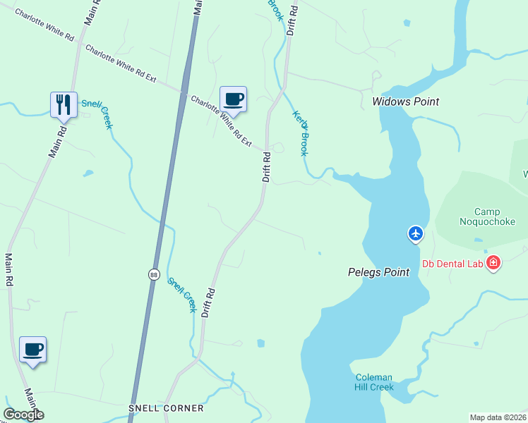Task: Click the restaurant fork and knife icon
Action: point(64,104)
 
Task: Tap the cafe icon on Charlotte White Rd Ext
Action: point(233,99)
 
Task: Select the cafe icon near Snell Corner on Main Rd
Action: point(32,349)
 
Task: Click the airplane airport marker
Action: point(416,233)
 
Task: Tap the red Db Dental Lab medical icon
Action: point(493,264)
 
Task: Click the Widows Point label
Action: point(405,102)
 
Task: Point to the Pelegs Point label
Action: point(378,272)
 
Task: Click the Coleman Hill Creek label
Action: point(373,382)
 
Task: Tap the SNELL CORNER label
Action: point(166,408)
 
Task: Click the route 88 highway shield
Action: point(153,274)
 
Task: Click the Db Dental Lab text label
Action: point(452,264)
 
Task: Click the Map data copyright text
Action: point(498,417)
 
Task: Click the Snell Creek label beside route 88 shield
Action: point(181,295)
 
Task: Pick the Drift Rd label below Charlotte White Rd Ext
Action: point(267,168)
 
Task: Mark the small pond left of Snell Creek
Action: point(88,173)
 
